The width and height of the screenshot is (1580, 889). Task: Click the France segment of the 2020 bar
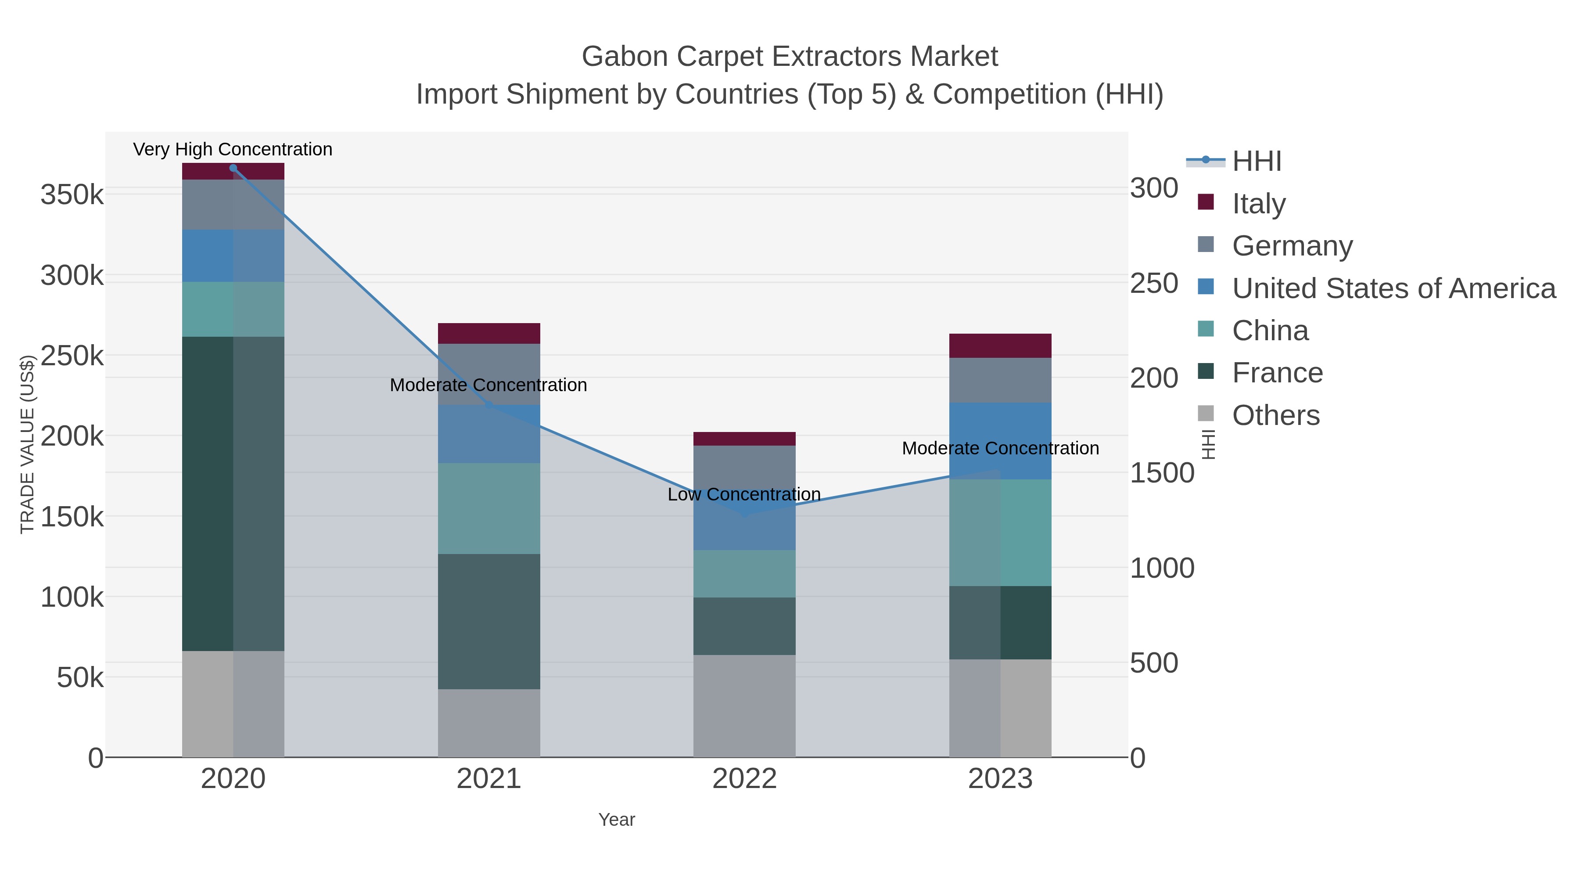point(233,493)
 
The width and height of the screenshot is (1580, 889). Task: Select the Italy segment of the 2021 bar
point(489,333)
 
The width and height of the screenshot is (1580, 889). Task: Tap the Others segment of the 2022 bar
point(744,705)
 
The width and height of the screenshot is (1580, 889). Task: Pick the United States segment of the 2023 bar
point(1000,440)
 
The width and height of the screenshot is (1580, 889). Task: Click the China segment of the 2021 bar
point(489,508)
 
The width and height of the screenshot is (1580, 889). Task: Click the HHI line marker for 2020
point(233,168)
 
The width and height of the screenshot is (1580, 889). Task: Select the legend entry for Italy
point(1259,204)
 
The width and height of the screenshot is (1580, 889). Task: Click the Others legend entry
point(1276,415)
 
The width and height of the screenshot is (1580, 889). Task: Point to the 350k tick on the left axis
point(72,195)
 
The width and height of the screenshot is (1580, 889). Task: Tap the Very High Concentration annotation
point(233,149)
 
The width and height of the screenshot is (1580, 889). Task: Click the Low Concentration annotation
point(744,494)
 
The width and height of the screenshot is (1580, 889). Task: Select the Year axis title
point(617,820)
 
